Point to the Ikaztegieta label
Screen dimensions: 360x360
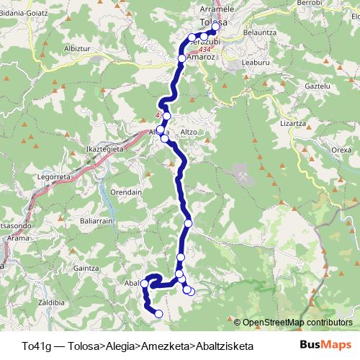105,149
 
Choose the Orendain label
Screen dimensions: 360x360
125,192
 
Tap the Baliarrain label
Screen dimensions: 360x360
94,221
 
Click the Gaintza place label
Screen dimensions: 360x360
86,268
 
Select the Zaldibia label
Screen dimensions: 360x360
53,302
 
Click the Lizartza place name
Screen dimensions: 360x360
293,123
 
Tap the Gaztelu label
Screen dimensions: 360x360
297,86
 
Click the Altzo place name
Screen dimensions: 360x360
189,132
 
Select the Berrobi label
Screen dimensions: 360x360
309,4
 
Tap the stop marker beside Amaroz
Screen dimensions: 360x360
182,59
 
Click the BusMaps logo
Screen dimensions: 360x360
325,344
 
